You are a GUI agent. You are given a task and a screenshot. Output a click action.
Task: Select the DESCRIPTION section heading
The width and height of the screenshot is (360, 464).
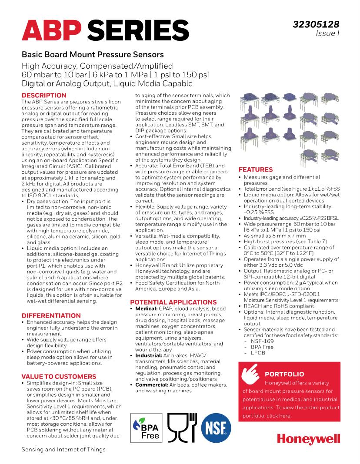point(44,95)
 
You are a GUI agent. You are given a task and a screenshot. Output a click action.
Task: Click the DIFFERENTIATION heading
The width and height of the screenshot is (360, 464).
point(51,315)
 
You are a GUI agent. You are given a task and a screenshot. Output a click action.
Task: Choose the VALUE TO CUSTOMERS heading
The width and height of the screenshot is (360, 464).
point(59,376)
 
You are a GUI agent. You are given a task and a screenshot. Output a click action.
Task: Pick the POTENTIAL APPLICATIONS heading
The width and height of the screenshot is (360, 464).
point(173,302)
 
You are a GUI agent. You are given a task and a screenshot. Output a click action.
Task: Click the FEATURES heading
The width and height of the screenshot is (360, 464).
point(256,169)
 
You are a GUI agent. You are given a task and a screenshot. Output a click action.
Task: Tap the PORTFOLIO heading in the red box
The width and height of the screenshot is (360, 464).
point(284,374)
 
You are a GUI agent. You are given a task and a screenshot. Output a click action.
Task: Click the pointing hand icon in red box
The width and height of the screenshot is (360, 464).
point(250,372)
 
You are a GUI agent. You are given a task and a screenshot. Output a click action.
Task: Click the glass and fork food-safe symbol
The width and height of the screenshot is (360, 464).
point(182,427)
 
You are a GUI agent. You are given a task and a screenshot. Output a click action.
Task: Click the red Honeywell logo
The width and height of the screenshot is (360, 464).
point(308,440)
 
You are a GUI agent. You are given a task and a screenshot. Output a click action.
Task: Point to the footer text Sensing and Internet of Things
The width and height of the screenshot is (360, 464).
point(63,449)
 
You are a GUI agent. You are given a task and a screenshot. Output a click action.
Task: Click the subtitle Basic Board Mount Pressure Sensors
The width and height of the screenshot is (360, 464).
point(93,55)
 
